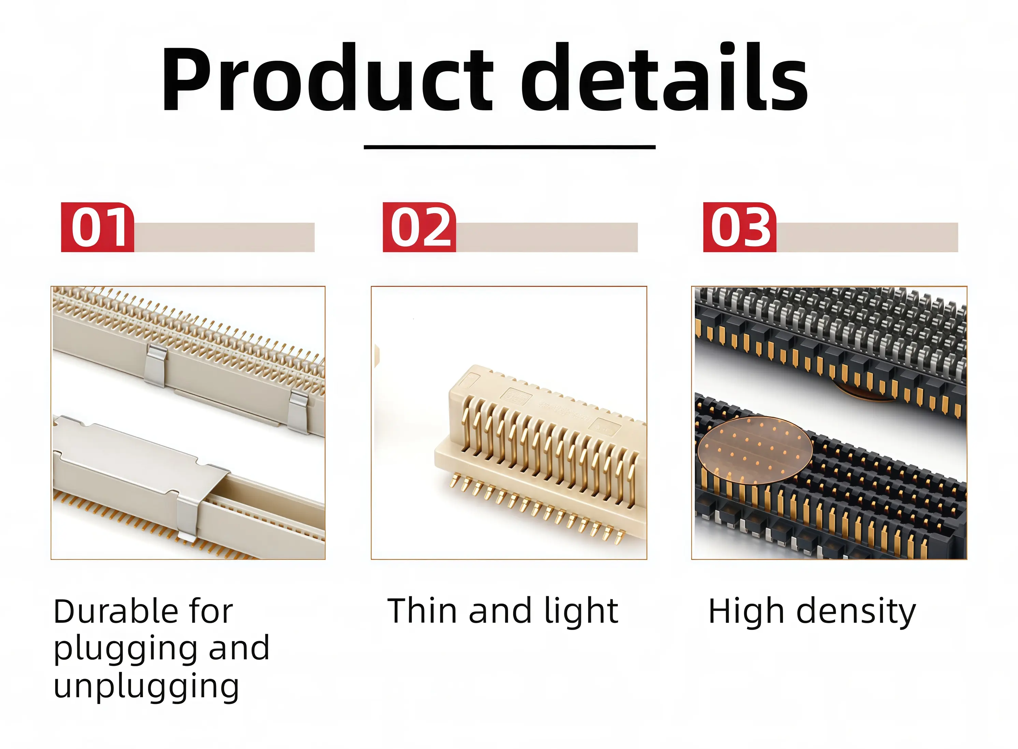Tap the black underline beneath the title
(x=509, y=147)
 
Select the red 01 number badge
(x=98, y=227)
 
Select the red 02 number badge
(x=419, y=227)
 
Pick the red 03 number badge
(x=740, y=227)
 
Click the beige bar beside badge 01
(x=224, y=237)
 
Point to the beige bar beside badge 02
(x=547, y=237)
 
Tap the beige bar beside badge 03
(x=867, y=237)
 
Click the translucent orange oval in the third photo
(x=755, y=450)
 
